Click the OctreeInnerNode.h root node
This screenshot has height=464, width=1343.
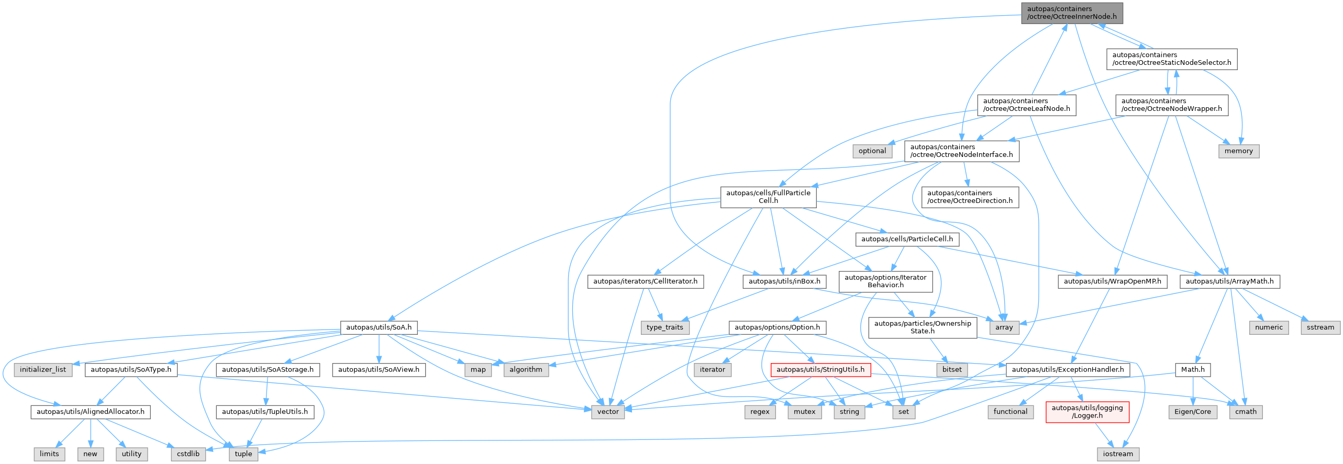click(1072, 13)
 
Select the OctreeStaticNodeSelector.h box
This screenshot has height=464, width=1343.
click(1172, 59)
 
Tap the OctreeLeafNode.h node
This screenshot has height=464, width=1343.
click(1026, 105)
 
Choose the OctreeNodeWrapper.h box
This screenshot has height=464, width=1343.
click(1171, 105)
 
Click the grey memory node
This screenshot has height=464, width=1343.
click(1238, 151)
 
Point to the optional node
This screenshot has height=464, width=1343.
click(872, 151)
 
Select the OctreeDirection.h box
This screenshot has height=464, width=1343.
click(970, 197)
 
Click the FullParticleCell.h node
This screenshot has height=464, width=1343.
click(768, 197)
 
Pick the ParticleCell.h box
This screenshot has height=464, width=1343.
click(907, 239)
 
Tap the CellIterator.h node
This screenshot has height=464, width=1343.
click(645, 281)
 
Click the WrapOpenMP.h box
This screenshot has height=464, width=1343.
click(1112, 281)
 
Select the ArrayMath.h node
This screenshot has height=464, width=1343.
click(1229, 281)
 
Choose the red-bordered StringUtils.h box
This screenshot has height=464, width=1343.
click(820, 370)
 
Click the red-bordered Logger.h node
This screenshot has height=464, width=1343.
click(1087, 412)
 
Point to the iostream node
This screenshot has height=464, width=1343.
click(1117, 454)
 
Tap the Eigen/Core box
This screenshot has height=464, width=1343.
click(1192, 412)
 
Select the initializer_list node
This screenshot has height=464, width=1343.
click(43, 370)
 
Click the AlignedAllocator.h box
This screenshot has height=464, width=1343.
click(91, 412)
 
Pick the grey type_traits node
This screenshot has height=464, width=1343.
click(664, 327)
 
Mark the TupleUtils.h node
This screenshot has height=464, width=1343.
click(265, 412)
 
